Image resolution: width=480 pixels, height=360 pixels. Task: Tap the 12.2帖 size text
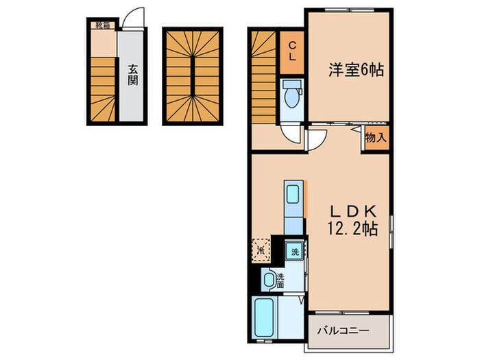point(350,228)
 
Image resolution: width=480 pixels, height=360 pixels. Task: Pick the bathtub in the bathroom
point(263,317)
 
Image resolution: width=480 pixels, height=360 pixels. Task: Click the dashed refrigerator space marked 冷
point(261,248)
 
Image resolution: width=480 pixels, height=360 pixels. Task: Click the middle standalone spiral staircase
point(193,77)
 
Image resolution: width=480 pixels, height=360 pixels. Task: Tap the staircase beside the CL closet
point(263,75)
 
